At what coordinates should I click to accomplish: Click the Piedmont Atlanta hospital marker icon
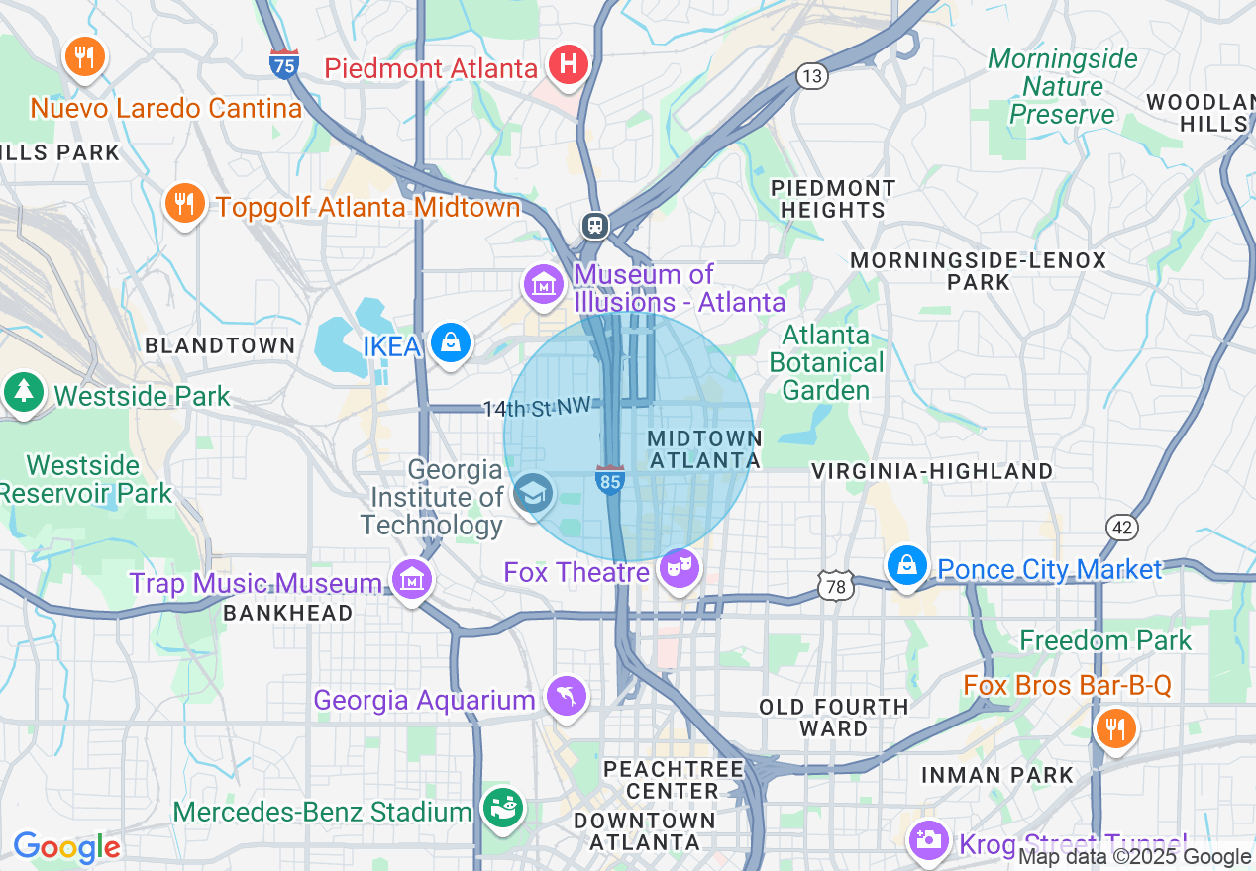[x=569, y=65]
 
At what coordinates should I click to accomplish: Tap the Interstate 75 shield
[x=284, y=63]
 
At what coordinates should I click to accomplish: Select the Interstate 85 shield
[x=610, y=479]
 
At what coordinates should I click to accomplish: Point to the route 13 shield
[x=812, y=76]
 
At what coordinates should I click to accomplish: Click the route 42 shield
[x=1122, y=528]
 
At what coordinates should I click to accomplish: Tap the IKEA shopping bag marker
[x=451, y=343]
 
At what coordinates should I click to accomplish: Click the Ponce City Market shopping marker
[x=906, y=566]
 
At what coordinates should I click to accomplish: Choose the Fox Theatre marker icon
[x=679, y=567]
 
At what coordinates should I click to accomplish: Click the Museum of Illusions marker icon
[x=544, y=284]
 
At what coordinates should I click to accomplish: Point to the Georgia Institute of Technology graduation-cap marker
[x=534, y=491]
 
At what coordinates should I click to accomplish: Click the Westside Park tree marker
[x=23, y=392]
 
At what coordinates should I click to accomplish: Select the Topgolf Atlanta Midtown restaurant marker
[x=184, y=204]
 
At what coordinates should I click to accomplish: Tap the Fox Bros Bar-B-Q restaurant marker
[x=1115, y=728]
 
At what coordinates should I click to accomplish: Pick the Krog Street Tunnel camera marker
[x=929, y=839]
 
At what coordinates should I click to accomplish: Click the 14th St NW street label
[x=537, y=407]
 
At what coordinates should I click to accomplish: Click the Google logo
[x=66, y=847]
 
